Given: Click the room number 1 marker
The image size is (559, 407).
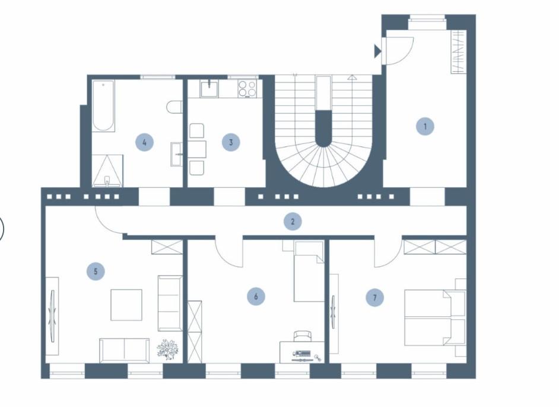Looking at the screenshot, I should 425,126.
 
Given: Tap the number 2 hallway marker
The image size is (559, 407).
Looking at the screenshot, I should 293,222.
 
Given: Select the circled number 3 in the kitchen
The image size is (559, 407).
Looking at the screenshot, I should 231,142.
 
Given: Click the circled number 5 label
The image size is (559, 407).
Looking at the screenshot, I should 95,272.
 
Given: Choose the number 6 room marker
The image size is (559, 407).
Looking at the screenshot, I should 256,296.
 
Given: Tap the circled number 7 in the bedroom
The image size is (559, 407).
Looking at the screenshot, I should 374,297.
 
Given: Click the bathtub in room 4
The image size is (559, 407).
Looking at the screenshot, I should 103,107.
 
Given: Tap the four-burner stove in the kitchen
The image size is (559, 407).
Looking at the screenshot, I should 247,89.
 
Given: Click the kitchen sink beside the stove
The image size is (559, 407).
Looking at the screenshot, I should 209,89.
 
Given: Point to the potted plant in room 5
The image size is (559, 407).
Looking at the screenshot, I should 168,349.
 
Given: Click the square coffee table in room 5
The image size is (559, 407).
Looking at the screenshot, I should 126,305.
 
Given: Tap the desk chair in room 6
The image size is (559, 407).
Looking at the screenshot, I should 302,336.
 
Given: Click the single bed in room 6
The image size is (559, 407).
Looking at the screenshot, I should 309,271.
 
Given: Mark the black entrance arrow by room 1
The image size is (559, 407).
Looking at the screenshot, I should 377,52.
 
